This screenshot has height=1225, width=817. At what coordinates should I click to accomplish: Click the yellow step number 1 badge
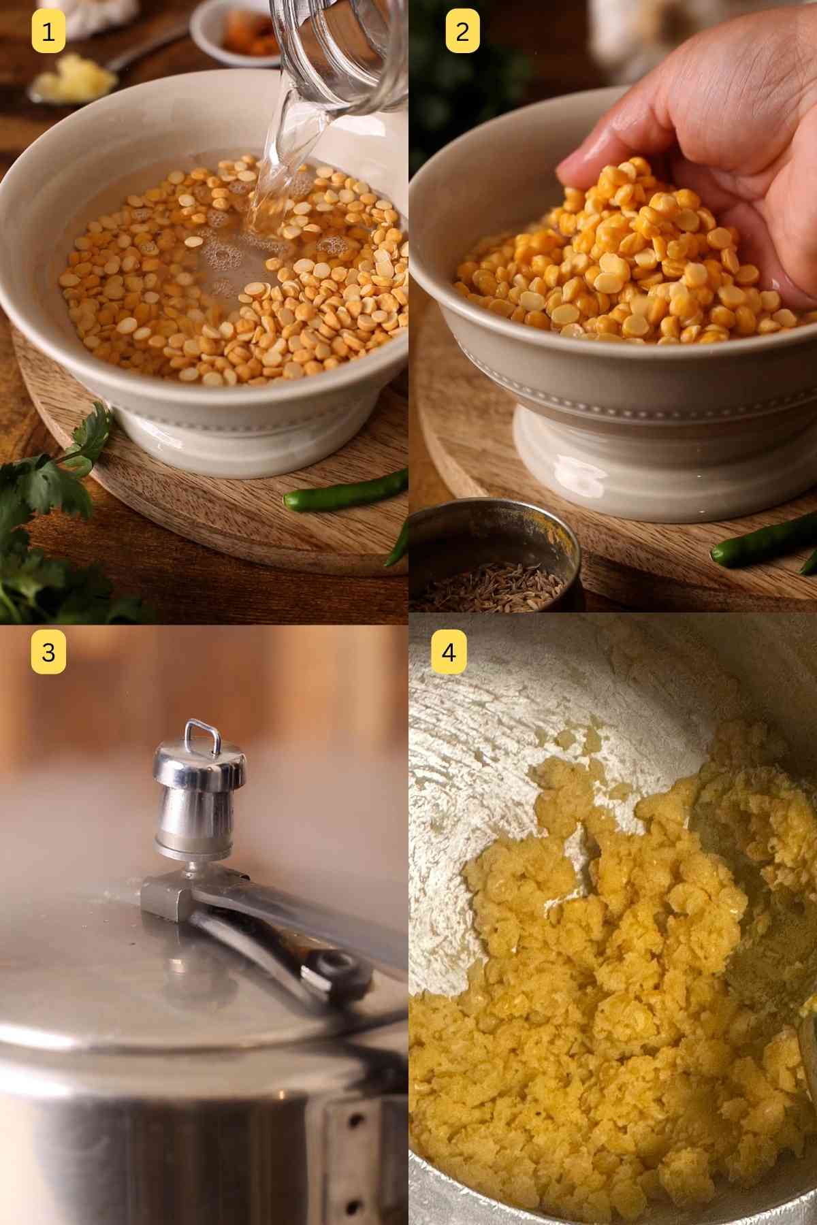(48, 32)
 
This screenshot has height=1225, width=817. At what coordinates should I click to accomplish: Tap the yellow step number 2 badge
(462, 32)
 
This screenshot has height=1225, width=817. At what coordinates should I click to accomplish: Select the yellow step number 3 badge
(48, 652)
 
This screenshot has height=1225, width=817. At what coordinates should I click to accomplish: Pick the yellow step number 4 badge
(448, 652)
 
